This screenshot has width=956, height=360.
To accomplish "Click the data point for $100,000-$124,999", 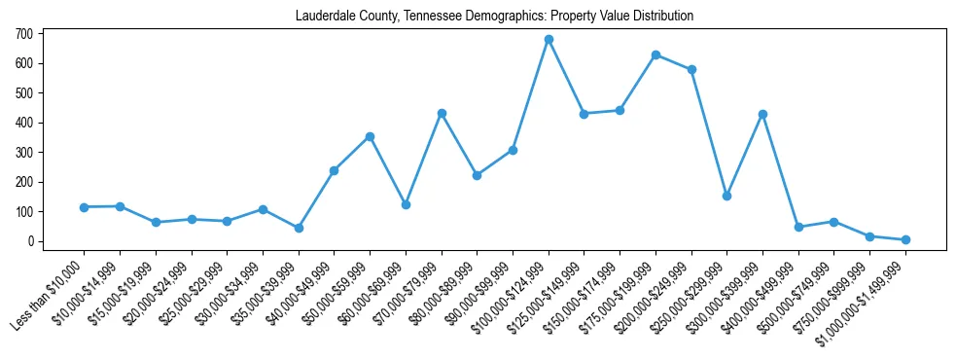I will [549, 40].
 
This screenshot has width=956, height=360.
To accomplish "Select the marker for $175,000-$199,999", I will [655, 54].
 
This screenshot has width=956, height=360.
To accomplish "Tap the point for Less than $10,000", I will [84, 207].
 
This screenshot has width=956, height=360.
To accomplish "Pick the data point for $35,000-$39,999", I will [299, 228].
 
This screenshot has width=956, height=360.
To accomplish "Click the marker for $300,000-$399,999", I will [762, 114].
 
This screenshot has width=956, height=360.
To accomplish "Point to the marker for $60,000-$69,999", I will [406, 204].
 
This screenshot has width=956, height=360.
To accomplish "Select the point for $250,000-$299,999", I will [726, 196].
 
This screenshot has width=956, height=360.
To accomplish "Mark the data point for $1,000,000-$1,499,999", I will [905, 239].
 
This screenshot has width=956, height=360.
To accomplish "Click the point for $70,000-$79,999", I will [442, 113].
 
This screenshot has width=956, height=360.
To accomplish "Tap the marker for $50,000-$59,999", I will [370, 136].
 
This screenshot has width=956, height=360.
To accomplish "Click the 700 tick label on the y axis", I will [24, 34].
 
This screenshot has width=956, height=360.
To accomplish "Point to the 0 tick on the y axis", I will [30, 241].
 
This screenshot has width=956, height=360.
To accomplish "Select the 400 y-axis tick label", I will [24, 123].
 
